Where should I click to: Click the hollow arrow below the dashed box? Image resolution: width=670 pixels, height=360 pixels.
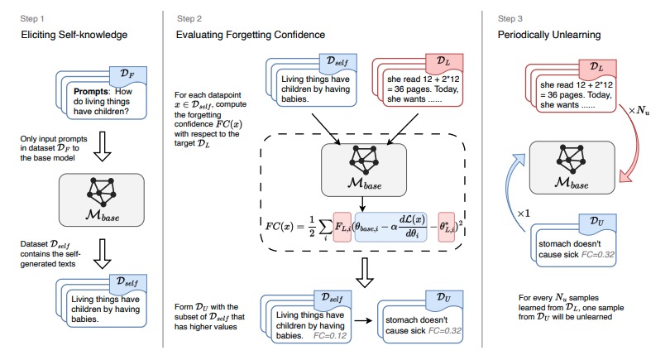tap(365, 269)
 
